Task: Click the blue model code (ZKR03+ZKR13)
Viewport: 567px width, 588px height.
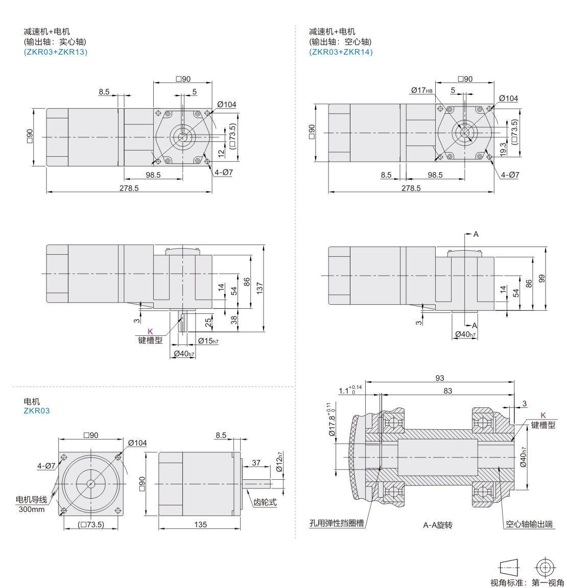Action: point(56,52)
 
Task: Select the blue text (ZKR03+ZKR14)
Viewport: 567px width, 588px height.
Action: point(341,52)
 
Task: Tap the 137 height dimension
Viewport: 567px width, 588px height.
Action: point(259,288)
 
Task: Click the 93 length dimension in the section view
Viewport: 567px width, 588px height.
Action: point(440,378)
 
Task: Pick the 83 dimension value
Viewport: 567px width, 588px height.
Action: point(447,391)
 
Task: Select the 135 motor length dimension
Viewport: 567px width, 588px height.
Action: point(200,524)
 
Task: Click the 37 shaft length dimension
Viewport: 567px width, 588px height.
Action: point(256,463)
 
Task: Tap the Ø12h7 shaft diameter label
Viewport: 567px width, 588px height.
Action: point(279,462)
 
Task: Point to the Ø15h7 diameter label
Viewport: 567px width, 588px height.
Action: point(208,341)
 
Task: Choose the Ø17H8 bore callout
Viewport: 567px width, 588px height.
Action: point(422,90)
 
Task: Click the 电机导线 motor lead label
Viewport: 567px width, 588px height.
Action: point(32,500)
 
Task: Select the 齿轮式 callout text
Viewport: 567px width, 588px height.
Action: point(265,502)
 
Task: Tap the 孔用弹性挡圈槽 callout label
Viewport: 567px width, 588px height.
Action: point(337,524)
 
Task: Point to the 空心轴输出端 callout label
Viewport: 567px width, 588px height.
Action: point(529,524)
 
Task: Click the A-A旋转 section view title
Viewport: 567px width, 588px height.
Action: point(438,525)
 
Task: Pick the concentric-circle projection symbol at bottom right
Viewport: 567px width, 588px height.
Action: point(545,568)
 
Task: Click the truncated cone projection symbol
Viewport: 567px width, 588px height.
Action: point(509,568)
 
